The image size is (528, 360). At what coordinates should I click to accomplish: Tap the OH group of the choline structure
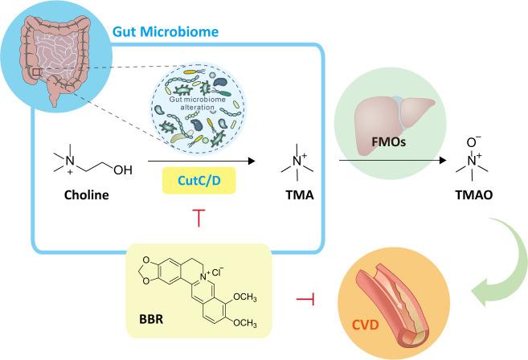coord(124,170)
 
